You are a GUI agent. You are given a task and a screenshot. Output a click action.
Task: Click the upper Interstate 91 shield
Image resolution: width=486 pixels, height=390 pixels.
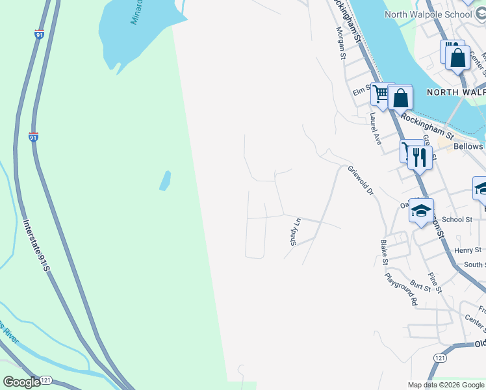click(x=40, y=34)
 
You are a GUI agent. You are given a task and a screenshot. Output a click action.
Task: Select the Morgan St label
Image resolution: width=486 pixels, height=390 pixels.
click(x=340, y=44)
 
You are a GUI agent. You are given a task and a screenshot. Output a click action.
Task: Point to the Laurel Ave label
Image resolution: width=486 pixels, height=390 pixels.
click(x=375, y=129)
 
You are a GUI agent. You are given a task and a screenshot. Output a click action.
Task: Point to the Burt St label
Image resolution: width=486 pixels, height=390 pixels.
click(x=421, y=284)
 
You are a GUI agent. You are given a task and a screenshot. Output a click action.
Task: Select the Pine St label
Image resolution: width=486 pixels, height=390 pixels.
click(x=435, y=282)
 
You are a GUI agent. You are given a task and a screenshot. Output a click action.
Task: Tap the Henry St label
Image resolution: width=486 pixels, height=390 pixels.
click(x=468, y=250)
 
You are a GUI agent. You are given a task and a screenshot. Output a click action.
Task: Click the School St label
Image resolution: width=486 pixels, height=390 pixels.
click(x=457, y=220)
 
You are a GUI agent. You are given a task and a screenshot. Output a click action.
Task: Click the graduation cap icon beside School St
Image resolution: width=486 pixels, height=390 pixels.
click(x=421, y=211)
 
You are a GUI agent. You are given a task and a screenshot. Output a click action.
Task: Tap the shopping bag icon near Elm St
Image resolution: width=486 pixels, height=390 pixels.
click(x=401, y=98)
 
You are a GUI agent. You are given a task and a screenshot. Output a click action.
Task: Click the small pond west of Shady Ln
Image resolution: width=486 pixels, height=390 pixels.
click(x=165, y=180)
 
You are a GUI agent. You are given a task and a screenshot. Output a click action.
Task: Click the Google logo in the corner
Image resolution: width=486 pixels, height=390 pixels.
click(x=21, y=382)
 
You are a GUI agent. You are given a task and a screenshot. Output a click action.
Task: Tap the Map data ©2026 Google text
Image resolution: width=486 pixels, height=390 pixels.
click(x=446, y=385)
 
